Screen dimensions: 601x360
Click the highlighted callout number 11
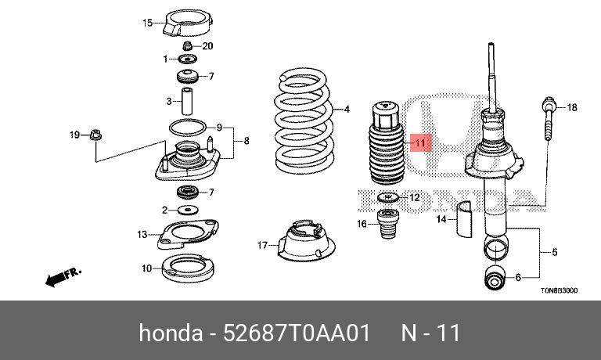click(420, 143)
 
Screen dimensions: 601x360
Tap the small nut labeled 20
click(187, 46)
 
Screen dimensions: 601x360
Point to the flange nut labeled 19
click(95, 135)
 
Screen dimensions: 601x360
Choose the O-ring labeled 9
click(188, 128)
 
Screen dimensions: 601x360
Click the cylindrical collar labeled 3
click(187, 101)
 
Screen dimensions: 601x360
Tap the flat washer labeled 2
click(188, 210)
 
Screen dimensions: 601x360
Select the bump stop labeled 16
click(387, 224)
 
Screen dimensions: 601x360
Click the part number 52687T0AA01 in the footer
click(297, 333)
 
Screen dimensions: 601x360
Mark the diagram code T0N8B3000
click(560, 290)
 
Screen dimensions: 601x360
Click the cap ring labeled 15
click(188, 23)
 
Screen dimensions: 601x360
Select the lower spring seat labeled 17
click(306, 241)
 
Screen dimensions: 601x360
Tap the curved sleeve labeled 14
click(464, 218)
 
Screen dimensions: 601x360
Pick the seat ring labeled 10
click(188, 268)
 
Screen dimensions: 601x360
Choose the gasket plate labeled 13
click(188, 233)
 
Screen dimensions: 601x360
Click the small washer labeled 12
click(388, 197)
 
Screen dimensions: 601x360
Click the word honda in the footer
click(171, 333)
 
